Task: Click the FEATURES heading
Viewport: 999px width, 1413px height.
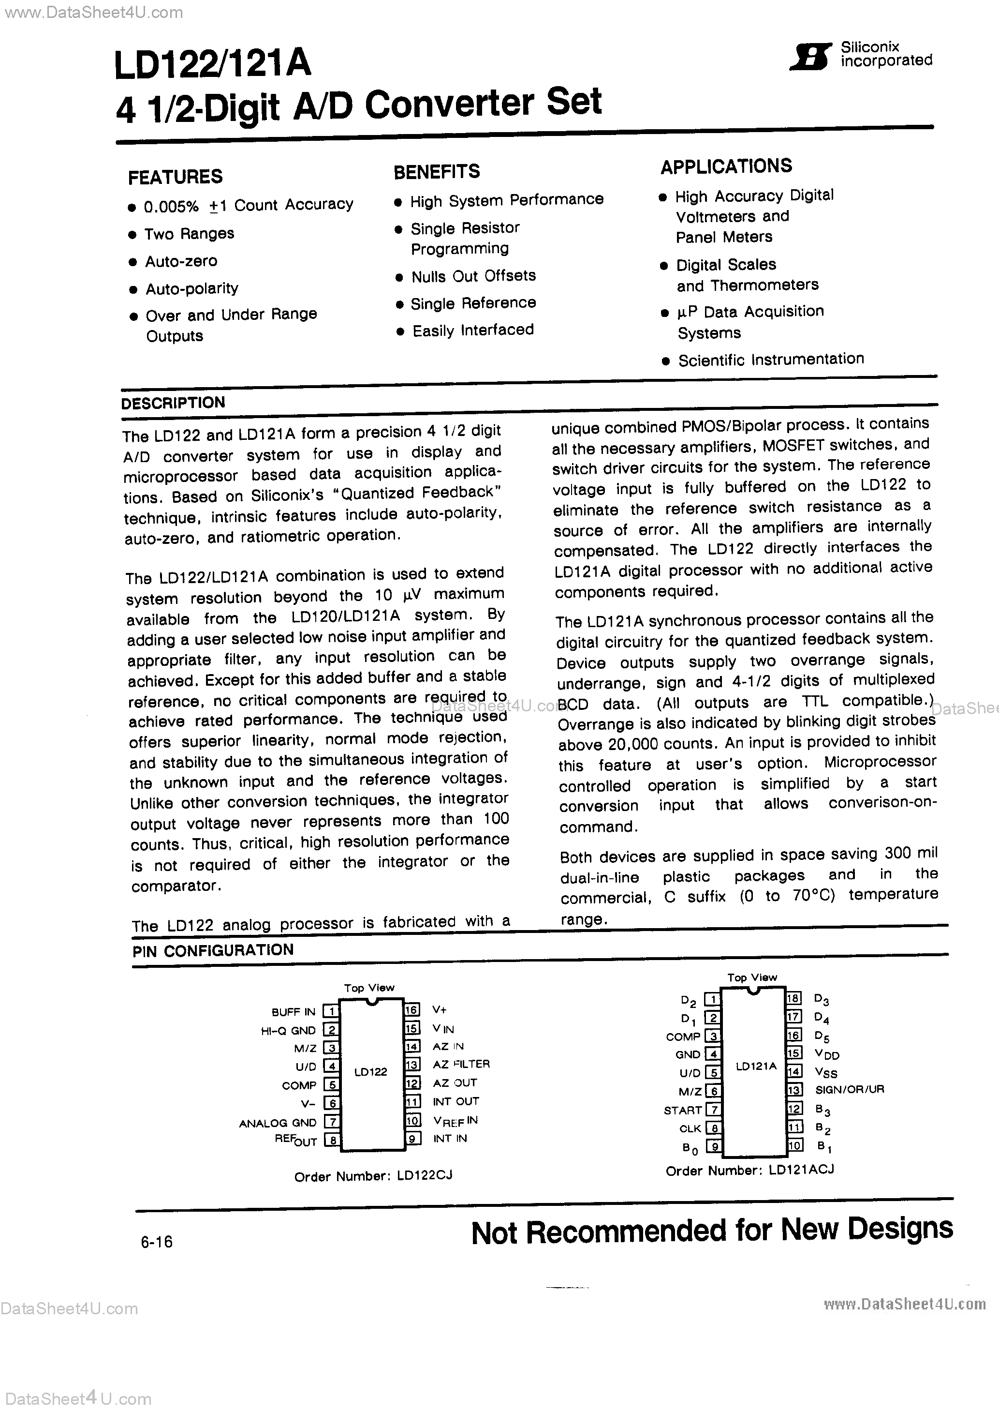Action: coord(176,177)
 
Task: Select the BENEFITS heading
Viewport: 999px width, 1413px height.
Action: coord(437,172)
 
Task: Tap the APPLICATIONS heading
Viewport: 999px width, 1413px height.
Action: coord(726,166)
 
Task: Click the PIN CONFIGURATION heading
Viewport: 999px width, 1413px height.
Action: coord(213,950)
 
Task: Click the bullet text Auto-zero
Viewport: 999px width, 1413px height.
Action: coord(181,262)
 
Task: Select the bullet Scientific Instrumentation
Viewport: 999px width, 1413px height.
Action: coord(771,360)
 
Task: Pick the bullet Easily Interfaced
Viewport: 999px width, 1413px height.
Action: coord(472,331)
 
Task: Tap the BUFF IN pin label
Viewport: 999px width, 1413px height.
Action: coord(293,1012)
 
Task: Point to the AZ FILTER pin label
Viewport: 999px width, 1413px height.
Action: coord(461,1064)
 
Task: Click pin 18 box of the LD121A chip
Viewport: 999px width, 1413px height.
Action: coord(793,998)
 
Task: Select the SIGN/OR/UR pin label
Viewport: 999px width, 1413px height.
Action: coord(849,1089)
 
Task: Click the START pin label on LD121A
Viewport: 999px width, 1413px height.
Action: coord(682,1110)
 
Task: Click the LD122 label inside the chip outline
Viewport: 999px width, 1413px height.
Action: coord(370,1071)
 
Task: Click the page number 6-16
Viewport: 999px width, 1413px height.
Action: coord(157,1242)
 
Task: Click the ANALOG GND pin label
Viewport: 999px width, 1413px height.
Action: coord(278,1123)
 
